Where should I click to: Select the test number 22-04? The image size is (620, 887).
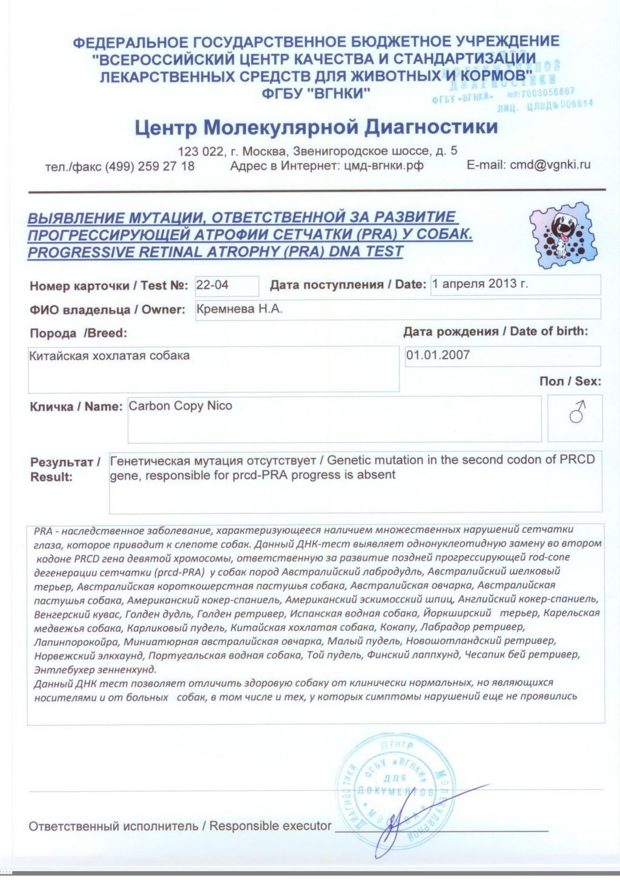[x=213, y=284]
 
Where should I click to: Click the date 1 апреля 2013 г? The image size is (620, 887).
[x=480, y=284]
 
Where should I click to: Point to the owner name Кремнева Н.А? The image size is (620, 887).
[x=240, y=309]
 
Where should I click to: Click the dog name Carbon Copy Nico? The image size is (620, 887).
[x=180, y=405]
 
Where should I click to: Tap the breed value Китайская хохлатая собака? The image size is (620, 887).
[x=110, y=355]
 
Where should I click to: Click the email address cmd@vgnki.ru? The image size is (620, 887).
[x=550, y=165]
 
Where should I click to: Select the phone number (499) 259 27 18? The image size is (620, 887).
[x=150, y=166]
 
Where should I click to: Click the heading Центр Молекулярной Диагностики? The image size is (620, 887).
[x=316, y=127]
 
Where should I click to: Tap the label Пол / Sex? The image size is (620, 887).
[x=570, y=381]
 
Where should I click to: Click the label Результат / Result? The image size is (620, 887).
[x=65, y=470]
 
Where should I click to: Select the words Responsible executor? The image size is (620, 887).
[x=270, y=826]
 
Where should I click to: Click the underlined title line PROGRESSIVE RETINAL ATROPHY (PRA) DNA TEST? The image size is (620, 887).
[x=216, y=252]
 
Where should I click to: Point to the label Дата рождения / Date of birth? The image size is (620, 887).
[x=495, y=331]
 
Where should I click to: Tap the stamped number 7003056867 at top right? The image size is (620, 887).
[x=547, y=93]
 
